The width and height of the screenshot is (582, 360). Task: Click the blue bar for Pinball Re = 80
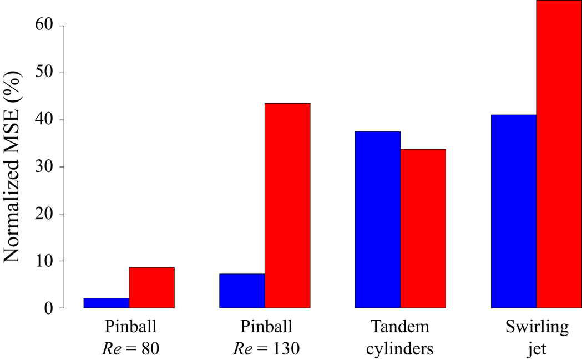tap(107, 303)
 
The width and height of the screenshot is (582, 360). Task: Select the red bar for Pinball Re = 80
tap(152, 288)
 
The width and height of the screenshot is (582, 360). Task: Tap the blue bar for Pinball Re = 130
tap(242, 291)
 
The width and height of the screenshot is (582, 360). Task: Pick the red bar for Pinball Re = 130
tap(287, 206)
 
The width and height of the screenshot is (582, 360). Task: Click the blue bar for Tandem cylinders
tap(378, 220)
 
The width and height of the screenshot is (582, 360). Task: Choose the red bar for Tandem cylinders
tap(423, 229)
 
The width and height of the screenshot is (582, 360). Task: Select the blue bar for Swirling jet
tap(514, 211)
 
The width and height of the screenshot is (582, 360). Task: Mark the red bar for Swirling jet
tap(559, 154)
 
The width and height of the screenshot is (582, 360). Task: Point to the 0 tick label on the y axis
tap(49, 308)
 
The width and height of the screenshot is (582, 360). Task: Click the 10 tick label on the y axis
tap(44, 261)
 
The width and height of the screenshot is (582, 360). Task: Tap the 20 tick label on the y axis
tap(44, 214)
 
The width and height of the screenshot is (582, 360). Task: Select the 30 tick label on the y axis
tap(44, 166)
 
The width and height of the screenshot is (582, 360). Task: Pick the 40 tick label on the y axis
tap(44, 120)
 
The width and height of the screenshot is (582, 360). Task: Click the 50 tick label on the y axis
tap(44, 73)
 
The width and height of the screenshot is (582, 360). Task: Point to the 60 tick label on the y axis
tap(44, 26)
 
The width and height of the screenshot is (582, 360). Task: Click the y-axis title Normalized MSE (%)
tap(12, 166)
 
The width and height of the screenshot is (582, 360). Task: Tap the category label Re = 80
tap(130, 348)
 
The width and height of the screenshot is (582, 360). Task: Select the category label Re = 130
tap(266, 348)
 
